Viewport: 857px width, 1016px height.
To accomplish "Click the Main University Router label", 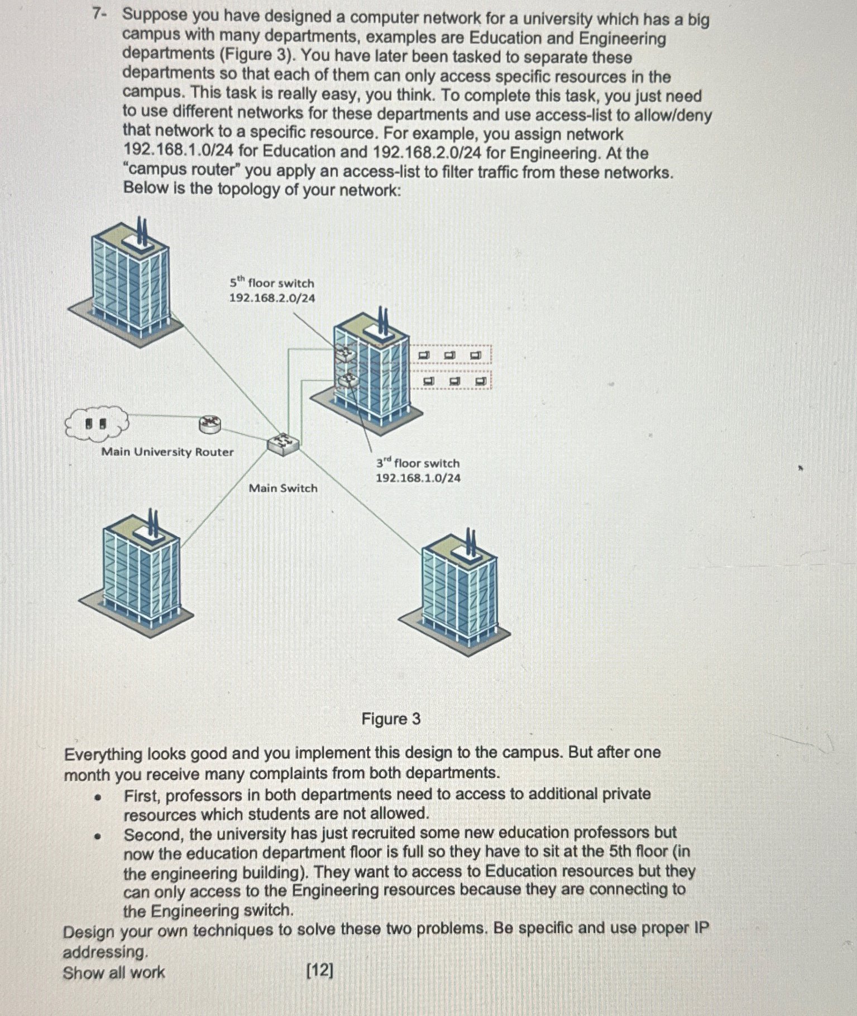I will [167, 452].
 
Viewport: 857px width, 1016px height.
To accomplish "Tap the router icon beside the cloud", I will [210, 425].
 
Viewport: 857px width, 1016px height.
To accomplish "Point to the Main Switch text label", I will [283, 488].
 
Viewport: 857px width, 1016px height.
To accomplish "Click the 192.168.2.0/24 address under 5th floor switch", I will [272, 298].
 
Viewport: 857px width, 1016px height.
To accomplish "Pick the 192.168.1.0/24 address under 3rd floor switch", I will [418, 478].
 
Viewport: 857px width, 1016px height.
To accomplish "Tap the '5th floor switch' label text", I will [272, 283].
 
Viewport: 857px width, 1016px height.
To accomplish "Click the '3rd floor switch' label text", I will [418, 463].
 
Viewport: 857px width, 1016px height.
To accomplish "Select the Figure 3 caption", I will [391, 719].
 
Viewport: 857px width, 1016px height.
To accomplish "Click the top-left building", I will [130, 285].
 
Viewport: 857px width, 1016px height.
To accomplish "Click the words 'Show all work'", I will [114, 973].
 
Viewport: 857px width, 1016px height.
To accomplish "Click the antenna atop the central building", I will [383, 322].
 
